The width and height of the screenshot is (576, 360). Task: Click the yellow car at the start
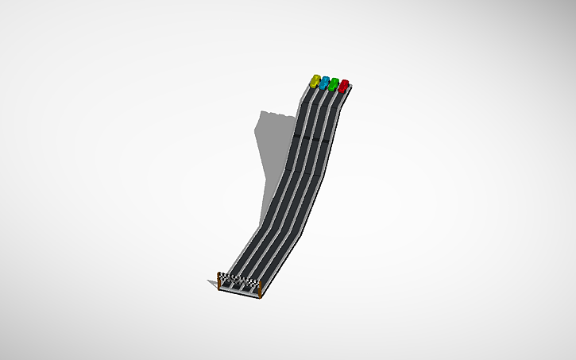[316, 80]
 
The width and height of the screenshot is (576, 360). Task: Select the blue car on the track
[325, 82]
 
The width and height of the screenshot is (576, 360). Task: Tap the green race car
[334, 83]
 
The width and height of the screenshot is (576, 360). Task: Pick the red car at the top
[343, 85]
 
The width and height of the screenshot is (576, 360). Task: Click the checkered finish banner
[239, 279]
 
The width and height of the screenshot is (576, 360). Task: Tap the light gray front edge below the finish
[238, 292]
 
